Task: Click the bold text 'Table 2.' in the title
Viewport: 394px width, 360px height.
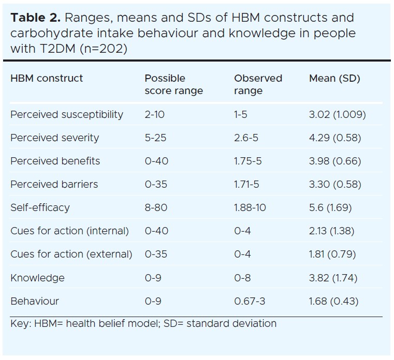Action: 35,18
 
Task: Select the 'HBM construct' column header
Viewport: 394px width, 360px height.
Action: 47,79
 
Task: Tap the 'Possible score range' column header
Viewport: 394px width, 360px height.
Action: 173,85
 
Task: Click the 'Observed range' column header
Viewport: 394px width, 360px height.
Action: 258,85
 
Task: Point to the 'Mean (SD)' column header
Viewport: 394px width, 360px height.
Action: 334,79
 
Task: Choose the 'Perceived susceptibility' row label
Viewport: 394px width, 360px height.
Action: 67,115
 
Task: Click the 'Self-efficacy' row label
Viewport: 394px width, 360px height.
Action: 40,208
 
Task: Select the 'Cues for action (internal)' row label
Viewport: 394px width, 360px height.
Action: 69,231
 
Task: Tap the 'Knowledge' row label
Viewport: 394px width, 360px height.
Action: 37,278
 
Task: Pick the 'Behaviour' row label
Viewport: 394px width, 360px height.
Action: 35,301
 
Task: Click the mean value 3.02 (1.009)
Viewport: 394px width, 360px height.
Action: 337,115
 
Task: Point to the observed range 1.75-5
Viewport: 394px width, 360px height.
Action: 247,161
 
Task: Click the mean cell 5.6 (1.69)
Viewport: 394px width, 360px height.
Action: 330,208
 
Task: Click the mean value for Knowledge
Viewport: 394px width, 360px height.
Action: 333,278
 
